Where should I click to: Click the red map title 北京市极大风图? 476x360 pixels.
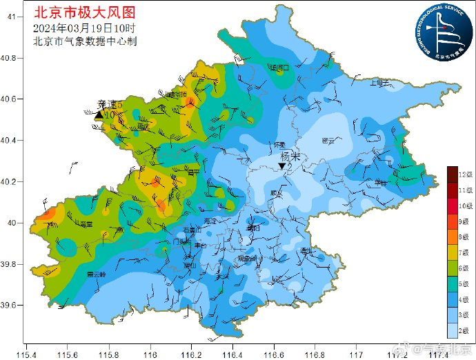point(84,12)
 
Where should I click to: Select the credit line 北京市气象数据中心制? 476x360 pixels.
point(85,41)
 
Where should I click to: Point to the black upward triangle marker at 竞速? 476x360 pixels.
point(99,115)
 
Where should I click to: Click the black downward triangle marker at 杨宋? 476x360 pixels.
point(281,166)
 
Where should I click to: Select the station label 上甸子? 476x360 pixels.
point(379,82)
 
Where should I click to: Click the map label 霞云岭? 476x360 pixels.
point(96,274)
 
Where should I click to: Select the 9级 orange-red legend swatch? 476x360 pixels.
point(452,222)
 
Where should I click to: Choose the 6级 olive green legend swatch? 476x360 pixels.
point(452,268)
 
